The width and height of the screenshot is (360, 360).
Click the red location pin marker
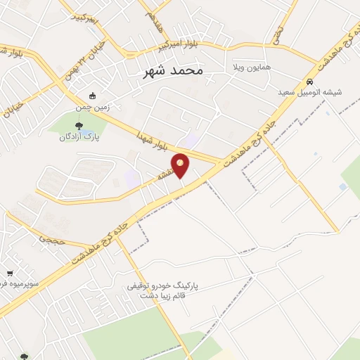181,165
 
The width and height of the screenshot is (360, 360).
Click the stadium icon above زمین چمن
91,96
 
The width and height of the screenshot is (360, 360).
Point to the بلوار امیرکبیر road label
181,45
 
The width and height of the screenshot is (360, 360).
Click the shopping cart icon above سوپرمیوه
10,274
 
